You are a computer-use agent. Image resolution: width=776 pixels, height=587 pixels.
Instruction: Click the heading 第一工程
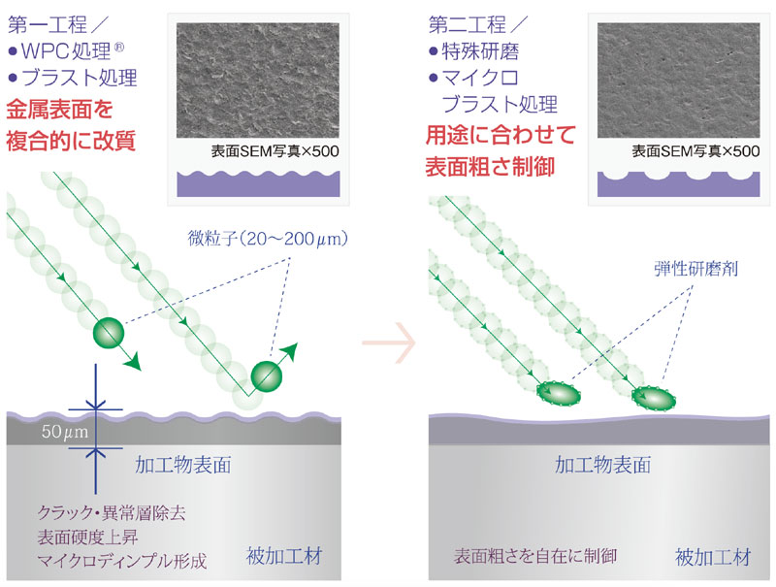(48, 25)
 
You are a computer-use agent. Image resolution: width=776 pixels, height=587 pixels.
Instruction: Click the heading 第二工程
(468, 25)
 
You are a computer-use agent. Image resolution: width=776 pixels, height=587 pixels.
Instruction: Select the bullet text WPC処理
(66, 51)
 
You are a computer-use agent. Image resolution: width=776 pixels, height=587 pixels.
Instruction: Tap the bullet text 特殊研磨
(480, 51)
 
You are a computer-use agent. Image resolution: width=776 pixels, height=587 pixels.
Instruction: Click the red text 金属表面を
(59, 110)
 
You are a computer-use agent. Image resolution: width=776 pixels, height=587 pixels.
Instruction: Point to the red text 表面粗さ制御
(490, 167)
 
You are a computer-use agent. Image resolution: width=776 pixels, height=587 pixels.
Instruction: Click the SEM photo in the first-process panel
(258, 81)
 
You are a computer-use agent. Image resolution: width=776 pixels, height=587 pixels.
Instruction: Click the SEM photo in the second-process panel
(678, 81)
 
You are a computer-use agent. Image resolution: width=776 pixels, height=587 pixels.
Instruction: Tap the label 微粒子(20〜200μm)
(268, 239)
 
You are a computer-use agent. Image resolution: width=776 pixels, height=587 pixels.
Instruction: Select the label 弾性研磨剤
(695, 269)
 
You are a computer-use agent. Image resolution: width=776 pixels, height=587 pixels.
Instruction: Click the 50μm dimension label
(65, 432)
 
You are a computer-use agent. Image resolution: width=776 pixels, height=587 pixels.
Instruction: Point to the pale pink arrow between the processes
(389, 342)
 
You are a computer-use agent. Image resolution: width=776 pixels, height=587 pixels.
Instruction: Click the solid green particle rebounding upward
(267, 377)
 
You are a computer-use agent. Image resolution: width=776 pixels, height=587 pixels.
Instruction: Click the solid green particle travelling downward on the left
(109, 333)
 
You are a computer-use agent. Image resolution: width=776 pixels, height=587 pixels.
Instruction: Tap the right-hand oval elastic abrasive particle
(654, 398)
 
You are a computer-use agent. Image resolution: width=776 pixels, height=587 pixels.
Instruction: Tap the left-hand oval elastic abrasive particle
(559, 394)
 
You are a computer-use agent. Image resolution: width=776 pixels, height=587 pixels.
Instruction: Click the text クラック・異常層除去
(112, 512)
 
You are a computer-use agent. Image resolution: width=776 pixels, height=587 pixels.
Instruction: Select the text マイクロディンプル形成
(122, 561)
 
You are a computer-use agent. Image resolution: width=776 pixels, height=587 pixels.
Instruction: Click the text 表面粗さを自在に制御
(535, 556)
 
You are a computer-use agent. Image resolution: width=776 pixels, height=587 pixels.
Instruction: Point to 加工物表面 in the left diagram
(183, 465)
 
